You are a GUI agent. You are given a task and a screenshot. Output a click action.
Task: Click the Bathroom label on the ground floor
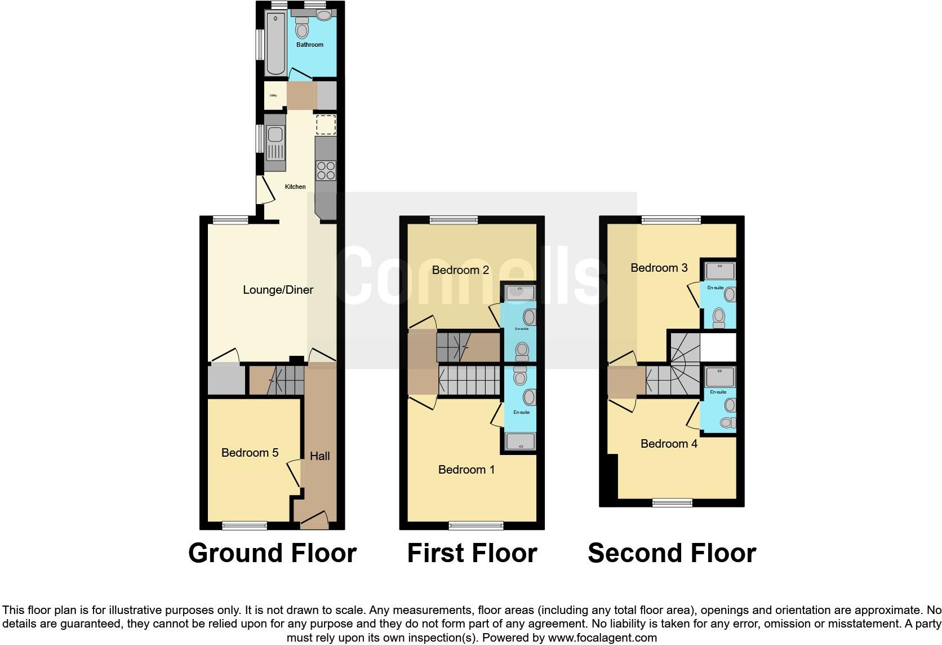pos(310,45)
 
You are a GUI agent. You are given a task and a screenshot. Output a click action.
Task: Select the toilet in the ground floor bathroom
pos(302,27)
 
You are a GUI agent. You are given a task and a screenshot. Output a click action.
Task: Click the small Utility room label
pos(273,95)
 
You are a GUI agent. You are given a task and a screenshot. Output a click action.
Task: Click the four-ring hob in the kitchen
pos(326,170)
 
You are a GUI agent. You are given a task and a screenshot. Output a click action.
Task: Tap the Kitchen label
pos(295,187)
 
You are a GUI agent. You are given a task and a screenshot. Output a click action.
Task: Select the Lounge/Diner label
pos(278,290)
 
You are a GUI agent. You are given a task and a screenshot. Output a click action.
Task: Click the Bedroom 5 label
pos(250,453)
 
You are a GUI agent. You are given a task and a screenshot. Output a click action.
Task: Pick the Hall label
pos(319,456)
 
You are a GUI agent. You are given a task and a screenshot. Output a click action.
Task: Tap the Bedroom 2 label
pos(460,270)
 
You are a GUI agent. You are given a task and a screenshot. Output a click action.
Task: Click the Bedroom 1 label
pos(466,470)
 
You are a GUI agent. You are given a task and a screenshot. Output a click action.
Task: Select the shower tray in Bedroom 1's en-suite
pos(520,441)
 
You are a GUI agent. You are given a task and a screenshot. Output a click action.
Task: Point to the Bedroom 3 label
pos(659,268)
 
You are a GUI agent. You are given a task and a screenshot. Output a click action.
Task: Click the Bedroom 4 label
pos(669,444)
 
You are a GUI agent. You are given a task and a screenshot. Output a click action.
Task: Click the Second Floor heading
pos(672,553)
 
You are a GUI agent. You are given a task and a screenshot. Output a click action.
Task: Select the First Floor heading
pos(472,553)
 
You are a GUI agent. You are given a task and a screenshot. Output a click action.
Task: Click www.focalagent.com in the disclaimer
pos(602,638)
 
